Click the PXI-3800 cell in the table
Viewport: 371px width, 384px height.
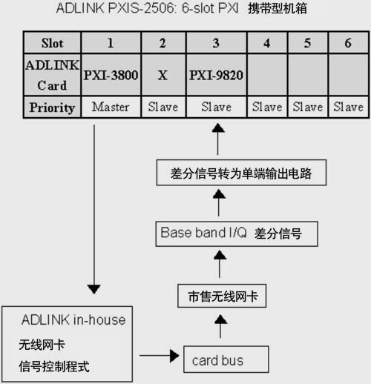111,75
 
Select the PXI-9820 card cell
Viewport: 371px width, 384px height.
216,75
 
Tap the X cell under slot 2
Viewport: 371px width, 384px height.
163,75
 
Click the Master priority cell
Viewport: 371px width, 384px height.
111,107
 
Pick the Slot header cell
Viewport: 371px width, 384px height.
52,43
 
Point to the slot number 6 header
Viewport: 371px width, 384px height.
348,43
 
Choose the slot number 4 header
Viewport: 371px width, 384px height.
267,43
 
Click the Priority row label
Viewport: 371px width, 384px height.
52,107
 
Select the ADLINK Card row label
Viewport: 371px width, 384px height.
52,75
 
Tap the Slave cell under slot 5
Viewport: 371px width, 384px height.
308,107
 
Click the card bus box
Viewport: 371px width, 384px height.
226,360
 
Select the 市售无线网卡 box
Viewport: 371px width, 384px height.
222,296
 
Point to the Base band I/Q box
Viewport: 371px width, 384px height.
237,234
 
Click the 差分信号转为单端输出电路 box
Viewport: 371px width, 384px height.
241,173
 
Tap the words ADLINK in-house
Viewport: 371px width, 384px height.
73,320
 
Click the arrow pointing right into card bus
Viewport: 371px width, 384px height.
160,356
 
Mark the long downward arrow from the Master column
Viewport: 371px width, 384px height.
94,209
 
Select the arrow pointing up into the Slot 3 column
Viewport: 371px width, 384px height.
218,139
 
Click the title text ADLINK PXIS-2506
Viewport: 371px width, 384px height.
116,8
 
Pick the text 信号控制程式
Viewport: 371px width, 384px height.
54,366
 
